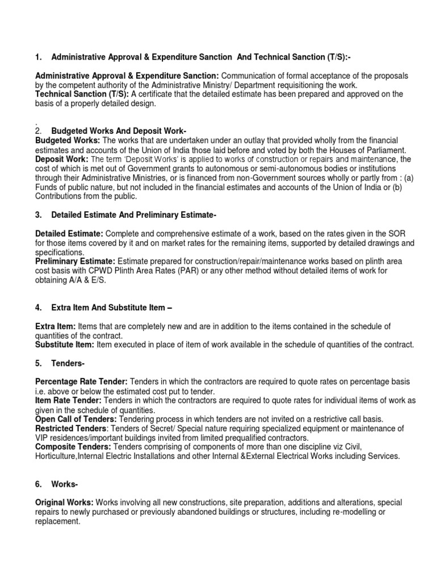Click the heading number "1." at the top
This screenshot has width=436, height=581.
(39, 57)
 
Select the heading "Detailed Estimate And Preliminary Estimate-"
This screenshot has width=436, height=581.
(134, 215)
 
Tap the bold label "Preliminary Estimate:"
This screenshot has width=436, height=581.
(76, 261)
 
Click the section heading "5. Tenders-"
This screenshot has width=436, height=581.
(61, 364)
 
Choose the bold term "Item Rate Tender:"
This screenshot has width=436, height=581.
(68, 401)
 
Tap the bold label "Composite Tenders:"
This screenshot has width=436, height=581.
(73, 447)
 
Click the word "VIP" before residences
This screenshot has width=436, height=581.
(43, 437)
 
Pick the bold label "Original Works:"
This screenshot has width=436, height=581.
(64, 502)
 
